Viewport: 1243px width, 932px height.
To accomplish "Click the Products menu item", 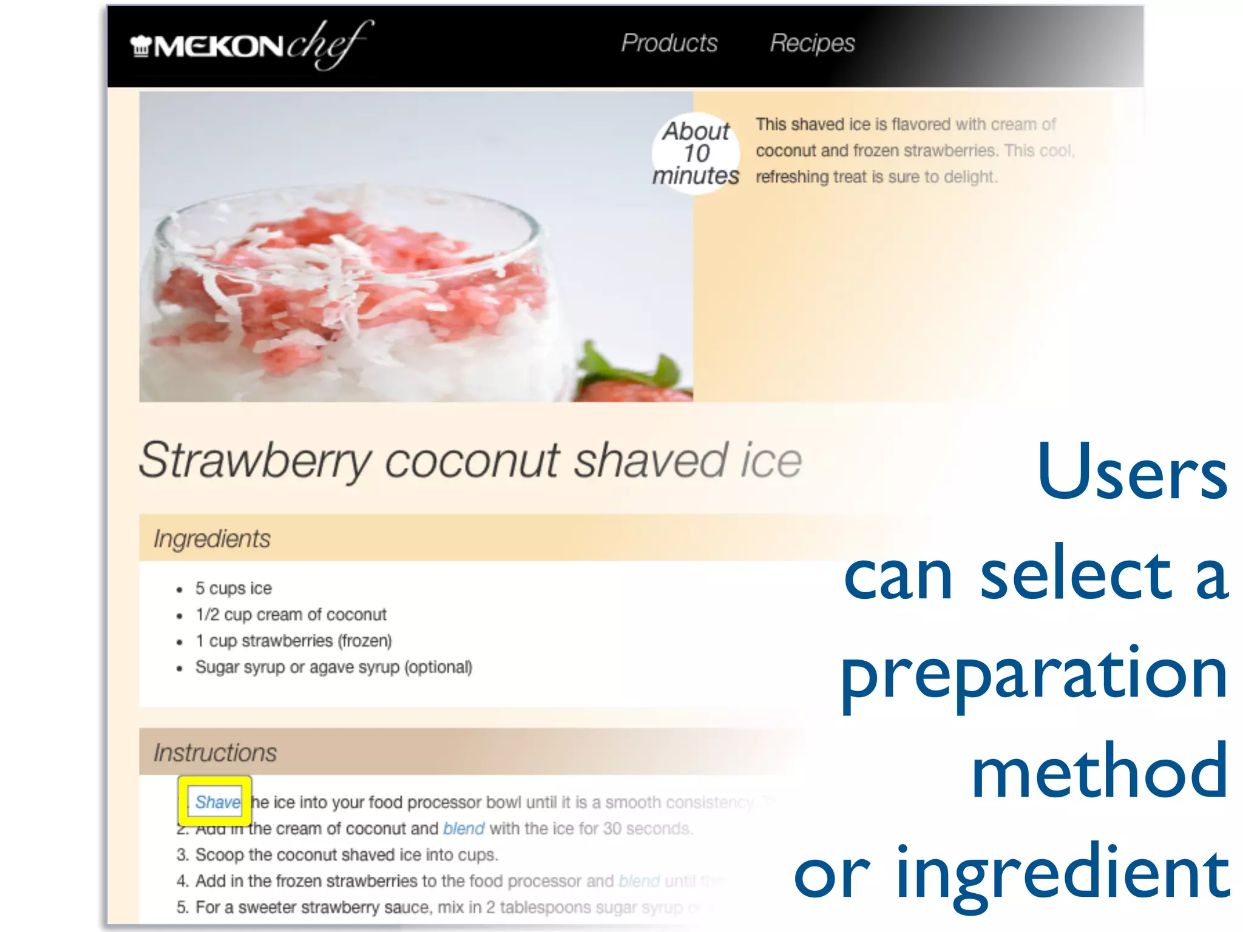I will pyautogui.click(x=669, y=43).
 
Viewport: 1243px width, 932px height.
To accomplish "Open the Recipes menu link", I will pyautogui.click(x=812, y=43).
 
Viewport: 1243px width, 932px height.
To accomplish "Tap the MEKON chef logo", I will pyautogui.click(x=251, y=46).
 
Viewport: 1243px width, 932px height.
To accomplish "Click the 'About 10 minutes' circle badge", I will pyautogui.click(x=696, y=154).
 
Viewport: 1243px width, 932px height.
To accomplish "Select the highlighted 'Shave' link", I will pyautogui.click(x=217, y=802).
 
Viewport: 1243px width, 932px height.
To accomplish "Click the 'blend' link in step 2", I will pyautogui.click(x=464, y=828).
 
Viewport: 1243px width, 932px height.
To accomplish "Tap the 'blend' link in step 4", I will pyautogui.click(x=638, y=880).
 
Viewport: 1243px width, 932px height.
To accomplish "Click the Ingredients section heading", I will pyautogui.click(x=212, y=539).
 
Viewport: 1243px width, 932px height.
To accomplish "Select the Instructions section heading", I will pyautogui.click(x=215, y=752).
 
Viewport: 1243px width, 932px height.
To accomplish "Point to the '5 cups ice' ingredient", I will pyautogui.click(x=233, y=588).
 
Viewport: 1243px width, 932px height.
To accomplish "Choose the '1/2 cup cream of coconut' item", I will pyautogui.click(x=291, y=615).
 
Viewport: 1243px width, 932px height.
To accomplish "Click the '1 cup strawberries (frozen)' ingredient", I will pyautogui.click(x=294, y=641).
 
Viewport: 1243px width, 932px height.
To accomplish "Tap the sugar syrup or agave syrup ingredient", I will pyautogui.click(x=333, y=667).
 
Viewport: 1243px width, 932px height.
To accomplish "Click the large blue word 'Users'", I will pyautogui.click(x=1132, y=472).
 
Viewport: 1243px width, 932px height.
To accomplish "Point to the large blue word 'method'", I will pyautogui.click(x=1100, y=772).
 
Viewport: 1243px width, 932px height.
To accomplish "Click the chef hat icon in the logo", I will pyautogui.click(x=141, y=46).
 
